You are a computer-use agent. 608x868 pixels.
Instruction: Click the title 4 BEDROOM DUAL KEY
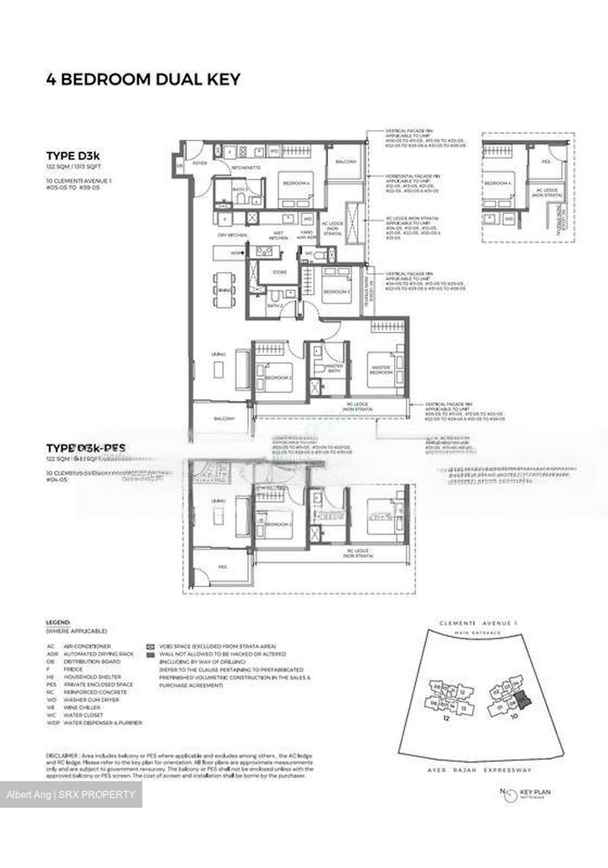[x=143, y=79]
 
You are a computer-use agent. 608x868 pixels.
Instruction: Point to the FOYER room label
[x=200, y=163]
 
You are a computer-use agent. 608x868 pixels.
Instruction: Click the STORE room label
[x=280, y=272]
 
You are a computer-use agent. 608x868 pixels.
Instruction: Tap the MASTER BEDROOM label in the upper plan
[x=381, y=370]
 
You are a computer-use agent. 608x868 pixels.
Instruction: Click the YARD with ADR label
[x=307, y=235]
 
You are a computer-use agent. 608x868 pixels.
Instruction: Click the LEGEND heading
[x=58, y=621]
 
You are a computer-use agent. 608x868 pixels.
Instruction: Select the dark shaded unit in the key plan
[x=526, y=700]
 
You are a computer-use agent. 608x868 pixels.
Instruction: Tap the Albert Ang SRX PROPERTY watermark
[x=71, y=794]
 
